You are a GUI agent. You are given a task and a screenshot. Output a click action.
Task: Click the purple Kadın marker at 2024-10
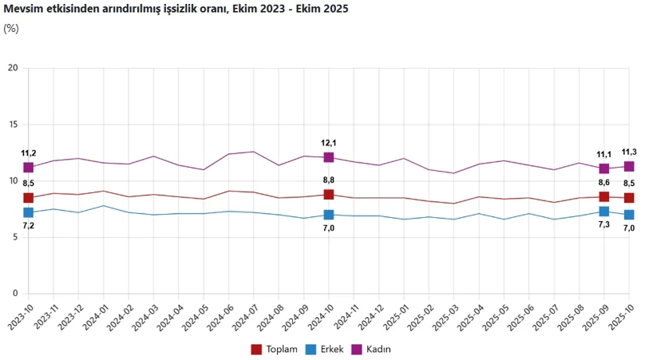[329, 157]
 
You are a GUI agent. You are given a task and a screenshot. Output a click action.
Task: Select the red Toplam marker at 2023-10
[29, 198]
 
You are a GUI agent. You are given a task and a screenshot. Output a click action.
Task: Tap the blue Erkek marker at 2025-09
[604, 211]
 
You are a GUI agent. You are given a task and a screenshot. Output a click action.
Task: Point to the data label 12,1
[328, 143]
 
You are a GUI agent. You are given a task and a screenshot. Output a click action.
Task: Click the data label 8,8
[328, 181]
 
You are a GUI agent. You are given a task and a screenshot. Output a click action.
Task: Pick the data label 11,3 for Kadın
[628, 152]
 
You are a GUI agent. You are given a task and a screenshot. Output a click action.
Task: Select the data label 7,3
[604, 226]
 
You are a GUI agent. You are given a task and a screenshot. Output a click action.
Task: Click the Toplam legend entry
[275, 349]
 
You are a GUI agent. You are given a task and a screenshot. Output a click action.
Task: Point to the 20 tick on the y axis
[12, 68]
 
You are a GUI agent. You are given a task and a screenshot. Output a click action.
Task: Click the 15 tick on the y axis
[12, 125]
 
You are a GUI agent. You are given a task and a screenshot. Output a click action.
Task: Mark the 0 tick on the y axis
[14, 294]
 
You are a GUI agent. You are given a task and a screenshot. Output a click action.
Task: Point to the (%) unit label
[11, 29]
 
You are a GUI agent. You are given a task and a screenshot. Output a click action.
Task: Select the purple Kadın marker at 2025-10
[629, 166]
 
